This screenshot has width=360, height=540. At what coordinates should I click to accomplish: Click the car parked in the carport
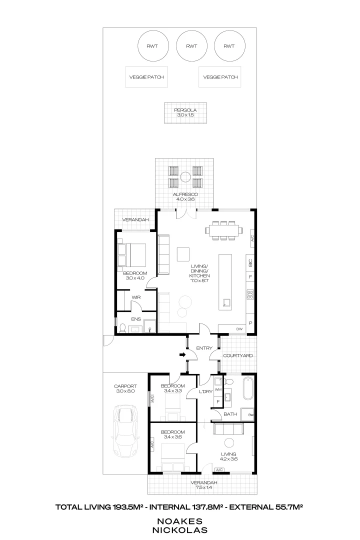coord(125,430)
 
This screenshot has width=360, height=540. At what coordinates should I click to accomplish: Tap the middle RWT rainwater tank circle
coord(191,46)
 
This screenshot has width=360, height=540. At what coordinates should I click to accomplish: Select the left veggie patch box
coord(146,77)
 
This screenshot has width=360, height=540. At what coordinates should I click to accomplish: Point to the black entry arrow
coord(182,355)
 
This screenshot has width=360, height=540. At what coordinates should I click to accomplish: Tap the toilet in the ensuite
coord(122,328)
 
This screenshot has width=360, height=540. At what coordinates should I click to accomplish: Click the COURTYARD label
coord(238,355)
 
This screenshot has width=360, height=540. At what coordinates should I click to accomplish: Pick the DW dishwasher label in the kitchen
coord(239,329)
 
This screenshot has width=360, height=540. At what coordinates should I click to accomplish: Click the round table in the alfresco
coord(185,176)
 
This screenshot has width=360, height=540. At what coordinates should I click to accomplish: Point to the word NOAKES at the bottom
coord(180,521)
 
